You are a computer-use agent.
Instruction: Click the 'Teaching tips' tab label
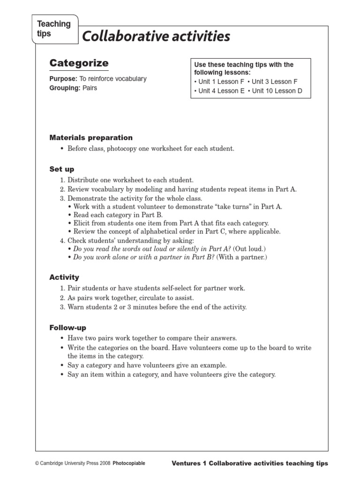[x=53, y=29]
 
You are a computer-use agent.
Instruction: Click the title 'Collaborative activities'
[x=156, y=36]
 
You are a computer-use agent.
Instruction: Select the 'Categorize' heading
[x=79, y=63]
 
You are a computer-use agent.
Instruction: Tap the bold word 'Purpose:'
[x=63, y=79]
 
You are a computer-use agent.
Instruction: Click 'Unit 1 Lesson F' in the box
[x=221, y=82]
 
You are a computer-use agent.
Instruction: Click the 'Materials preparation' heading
[x=91, y=138]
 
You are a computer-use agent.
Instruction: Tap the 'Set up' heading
[x=62, y=169]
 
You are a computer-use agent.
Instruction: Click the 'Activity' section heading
[x=64, y=277]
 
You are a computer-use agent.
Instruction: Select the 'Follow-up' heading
[x=68, y=327]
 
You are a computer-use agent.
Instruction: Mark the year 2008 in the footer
[x=104, y=463]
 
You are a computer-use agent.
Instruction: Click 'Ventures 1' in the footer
[x=189, y=463]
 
